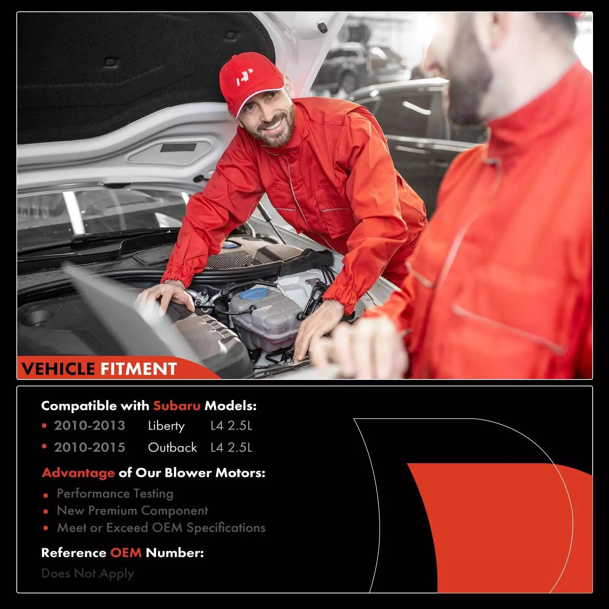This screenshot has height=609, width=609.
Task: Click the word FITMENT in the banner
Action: click(139, 369)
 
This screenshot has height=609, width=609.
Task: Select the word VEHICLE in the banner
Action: click(58, 369)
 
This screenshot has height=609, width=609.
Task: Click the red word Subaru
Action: click(177, 406)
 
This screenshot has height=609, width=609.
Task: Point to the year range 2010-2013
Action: click(89, 426)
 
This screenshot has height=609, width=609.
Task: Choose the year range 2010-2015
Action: click(89, 447)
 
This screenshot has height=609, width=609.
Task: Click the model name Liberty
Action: click(166, 426)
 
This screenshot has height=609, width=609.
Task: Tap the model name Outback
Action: click(172, 447)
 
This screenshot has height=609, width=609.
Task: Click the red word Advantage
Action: click(78, 473)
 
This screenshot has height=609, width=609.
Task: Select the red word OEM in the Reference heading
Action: click(126, 553)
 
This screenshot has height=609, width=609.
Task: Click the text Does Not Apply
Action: click(88, 574)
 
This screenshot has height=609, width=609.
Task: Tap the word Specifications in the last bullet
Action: click(226, 528)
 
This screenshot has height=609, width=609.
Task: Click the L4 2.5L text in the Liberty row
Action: click(231, 426)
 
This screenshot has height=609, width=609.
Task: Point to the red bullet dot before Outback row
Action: click(45, 447)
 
